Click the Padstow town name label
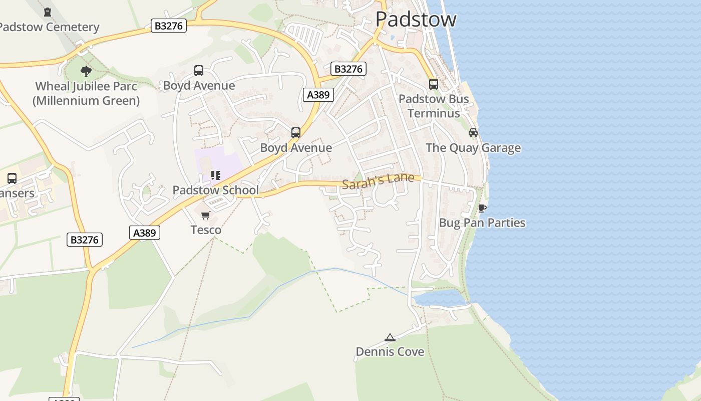click(416, 20)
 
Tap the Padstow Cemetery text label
click(49, 27)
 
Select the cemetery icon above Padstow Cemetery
click(48, 12)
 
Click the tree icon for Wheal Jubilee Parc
click(86, 71)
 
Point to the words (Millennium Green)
click(86, 101)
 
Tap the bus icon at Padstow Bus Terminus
click(433, 84)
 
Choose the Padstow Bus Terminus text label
click(434, 106)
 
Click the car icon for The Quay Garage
click(473, 133)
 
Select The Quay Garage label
click(473, 148)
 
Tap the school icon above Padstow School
click(215, 175)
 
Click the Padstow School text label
click(215, 190)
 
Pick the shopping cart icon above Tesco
click(205, 215)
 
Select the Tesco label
click(206, 230)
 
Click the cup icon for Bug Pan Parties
click(482, 208)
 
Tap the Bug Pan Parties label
click(482, 223)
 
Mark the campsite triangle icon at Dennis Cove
click(390, 337)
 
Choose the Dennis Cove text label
click(390, 352)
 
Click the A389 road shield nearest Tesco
click(145, 233)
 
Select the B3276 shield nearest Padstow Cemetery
click(169, 26)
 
